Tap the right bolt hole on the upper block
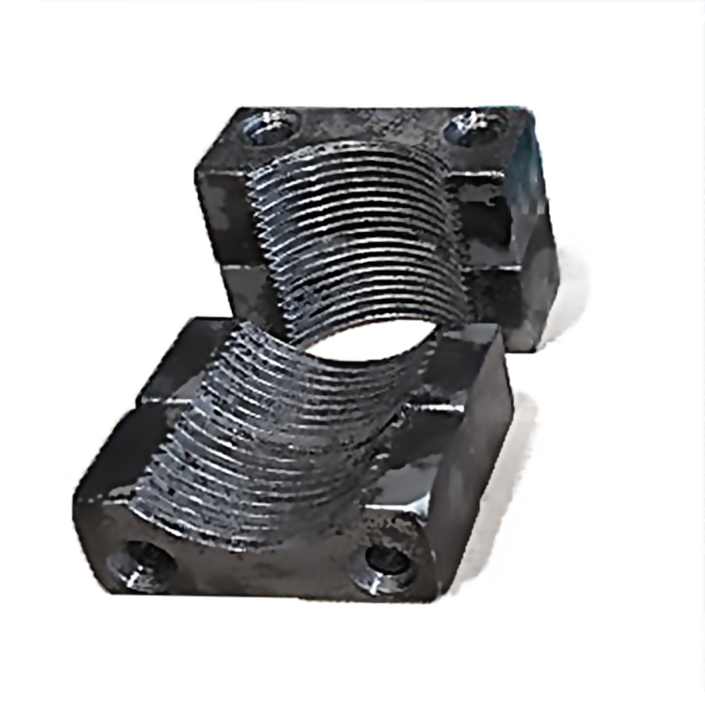pos(474,127)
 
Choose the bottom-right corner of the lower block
pos(434,592)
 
